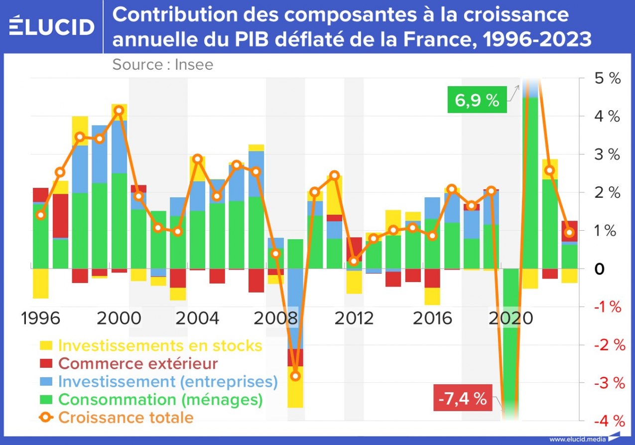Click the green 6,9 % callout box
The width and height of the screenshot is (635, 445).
[x=477, y=100]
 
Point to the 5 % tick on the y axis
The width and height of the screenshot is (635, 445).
[x=607, y=78]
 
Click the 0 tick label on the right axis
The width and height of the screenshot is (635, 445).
[x=601, y=269]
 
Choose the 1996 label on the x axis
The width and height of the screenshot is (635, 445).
[x=41, y=318]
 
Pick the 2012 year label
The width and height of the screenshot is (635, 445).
[x=354, y=318]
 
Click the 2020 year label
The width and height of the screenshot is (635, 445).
[x=510, y=318]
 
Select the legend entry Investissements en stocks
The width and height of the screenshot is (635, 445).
[x=159, y=345]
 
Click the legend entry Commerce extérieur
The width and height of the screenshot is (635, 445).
[x=138, y=363]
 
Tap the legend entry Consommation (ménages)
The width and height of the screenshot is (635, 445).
[x=160, y=399]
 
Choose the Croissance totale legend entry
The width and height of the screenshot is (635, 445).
[x=126, y=417]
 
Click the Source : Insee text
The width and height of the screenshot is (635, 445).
[x=162, y=65]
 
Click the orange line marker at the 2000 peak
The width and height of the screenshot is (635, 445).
[x=119, y=111]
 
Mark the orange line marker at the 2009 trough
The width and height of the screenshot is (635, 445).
[x=295, y=376]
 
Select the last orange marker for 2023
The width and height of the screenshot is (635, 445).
[x=570, y=232]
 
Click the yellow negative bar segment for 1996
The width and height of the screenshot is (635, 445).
[x=41, y=284]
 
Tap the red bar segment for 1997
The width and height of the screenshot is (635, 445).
[x=60, y=216]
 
